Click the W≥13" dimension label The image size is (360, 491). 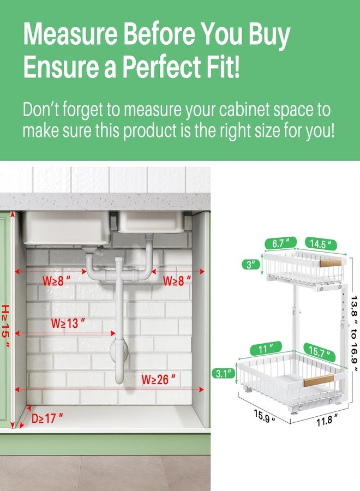68,323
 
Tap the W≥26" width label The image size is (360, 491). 158,379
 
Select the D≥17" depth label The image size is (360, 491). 47,418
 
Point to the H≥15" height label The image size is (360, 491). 5,326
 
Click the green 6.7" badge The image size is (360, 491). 280,243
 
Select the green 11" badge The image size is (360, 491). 266,349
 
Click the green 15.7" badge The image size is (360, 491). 319,352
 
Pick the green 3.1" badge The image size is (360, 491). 224,373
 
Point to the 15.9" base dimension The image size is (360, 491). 265,416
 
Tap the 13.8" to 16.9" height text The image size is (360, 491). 354,333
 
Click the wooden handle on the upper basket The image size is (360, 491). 331,262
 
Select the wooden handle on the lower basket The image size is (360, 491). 319,380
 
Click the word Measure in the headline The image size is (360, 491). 70,34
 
